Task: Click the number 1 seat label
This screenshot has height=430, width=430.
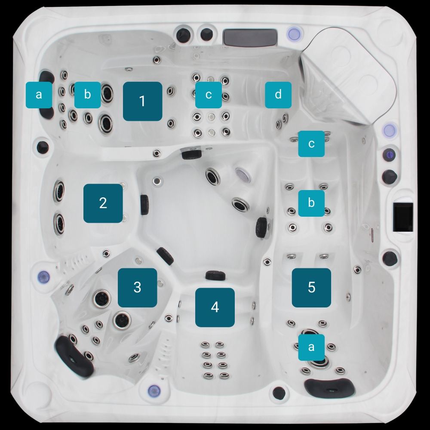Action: click(x=142, y=101)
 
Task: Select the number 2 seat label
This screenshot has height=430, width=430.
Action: click(x=103, y=203)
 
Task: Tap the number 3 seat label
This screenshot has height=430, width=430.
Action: click(x=138, y=288)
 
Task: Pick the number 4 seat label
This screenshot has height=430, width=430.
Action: click(x=215, y=307)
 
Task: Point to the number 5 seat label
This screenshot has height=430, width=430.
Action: click(x=311, y=288)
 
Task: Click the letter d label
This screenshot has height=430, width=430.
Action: click(x=278, y=95)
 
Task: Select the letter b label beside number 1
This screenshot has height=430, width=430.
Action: click(x=87, y=95)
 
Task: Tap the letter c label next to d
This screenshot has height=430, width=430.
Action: click(x=209, y=95)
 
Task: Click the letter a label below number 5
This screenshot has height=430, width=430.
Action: click(x=311, y=347)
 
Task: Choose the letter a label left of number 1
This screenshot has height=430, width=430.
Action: click(x=39, y=95)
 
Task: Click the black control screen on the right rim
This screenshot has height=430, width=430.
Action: click(x=403, y=218)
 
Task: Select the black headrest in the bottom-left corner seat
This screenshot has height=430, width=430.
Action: click(x=74, y=356)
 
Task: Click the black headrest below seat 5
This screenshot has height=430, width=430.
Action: click(x=329, y=387)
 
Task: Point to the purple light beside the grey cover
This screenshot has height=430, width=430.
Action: click(x=294, y=34)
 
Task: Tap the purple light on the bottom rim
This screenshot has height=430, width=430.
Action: click(x=154, y=390)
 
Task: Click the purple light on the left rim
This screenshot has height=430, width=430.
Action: click(x=43, y=276)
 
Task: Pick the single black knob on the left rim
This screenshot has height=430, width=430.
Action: click(x=43, y=147)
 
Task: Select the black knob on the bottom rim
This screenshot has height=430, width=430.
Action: click(x=279, y=393)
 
